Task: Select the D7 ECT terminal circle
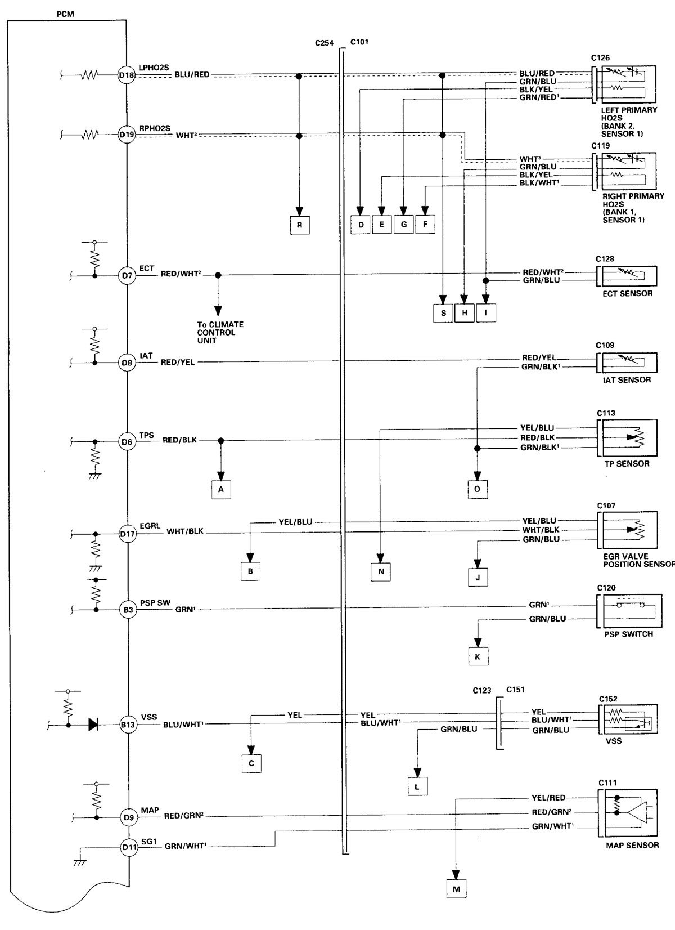[x=127, y=276]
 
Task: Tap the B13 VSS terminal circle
[x=128, y=725]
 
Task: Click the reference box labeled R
[x=300, y=225]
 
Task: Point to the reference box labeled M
[x=456, y=889]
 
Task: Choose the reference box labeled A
[x=221, y=490]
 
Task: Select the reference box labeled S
[x=443, y=312]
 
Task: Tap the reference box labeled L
[x=417, y=786]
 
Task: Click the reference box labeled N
[x=381, y=571]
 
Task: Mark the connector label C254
[x=324, y=43]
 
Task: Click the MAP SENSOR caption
[x=632, y=845]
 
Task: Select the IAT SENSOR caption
[x=627, y=380]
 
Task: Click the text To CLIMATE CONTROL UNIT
[x=217, y=333]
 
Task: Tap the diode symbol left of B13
[x=93, y=725]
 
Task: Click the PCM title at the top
[x=66, y=14]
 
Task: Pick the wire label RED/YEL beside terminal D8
[x=178, y=362]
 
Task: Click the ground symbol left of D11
[x=80, y=862]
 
